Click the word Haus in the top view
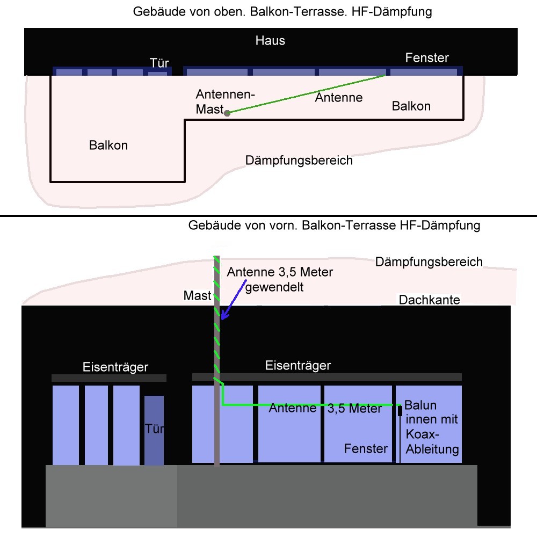[x=270, y=40]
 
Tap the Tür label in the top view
[x=159, y=63]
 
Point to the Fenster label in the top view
[x=427, y=57]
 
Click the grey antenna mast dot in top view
[x=227, y=113]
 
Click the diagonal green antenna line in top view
[x=306, y=94]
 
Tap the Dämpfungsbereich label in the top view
[x=299, y=160]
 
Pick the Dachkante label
[x=429, y=300]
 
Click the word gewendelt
[x=274, y=287]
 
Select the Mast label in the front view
[x=197, y=296]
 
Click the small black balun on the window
[x=400, y=411]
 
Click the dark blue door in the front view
[x=154, y=430]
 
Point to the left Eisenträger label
[x=115, y=367]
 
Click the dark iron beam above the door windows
[x=108, y=378]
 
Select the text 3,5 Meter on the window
[x=354, y=409]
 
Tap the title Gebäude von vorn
[x=242, y=226]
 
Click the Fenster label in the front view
[x=366, y=448]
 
